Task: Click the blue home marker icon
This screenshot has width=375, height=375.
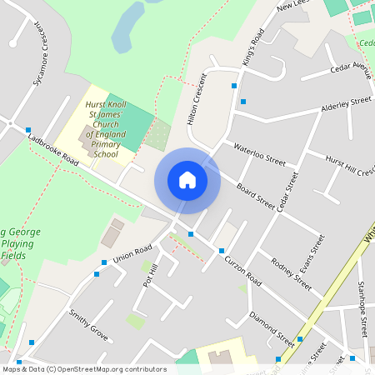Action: tap(187, 180)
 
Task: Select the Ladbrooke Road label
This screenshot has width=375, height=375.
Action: tap(52, 150)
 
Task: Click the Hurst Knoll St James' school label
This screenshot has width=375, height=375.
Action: tap(106, 129)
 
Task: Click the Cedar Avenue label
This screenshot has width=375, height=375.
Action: tap(350, 67)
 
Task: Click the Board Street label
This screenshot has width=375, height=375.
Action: tap(255, 197)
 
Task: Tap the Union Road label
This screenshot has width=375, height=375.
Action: tap(132, 252)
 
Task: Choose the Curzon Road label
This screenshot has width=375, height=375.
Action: tap(242, 272)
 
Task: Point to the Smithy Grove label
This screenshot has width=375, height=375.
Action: tap(89, 325)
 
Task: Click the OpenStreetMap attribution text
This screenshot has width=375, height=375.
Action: tap(83, 369)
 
